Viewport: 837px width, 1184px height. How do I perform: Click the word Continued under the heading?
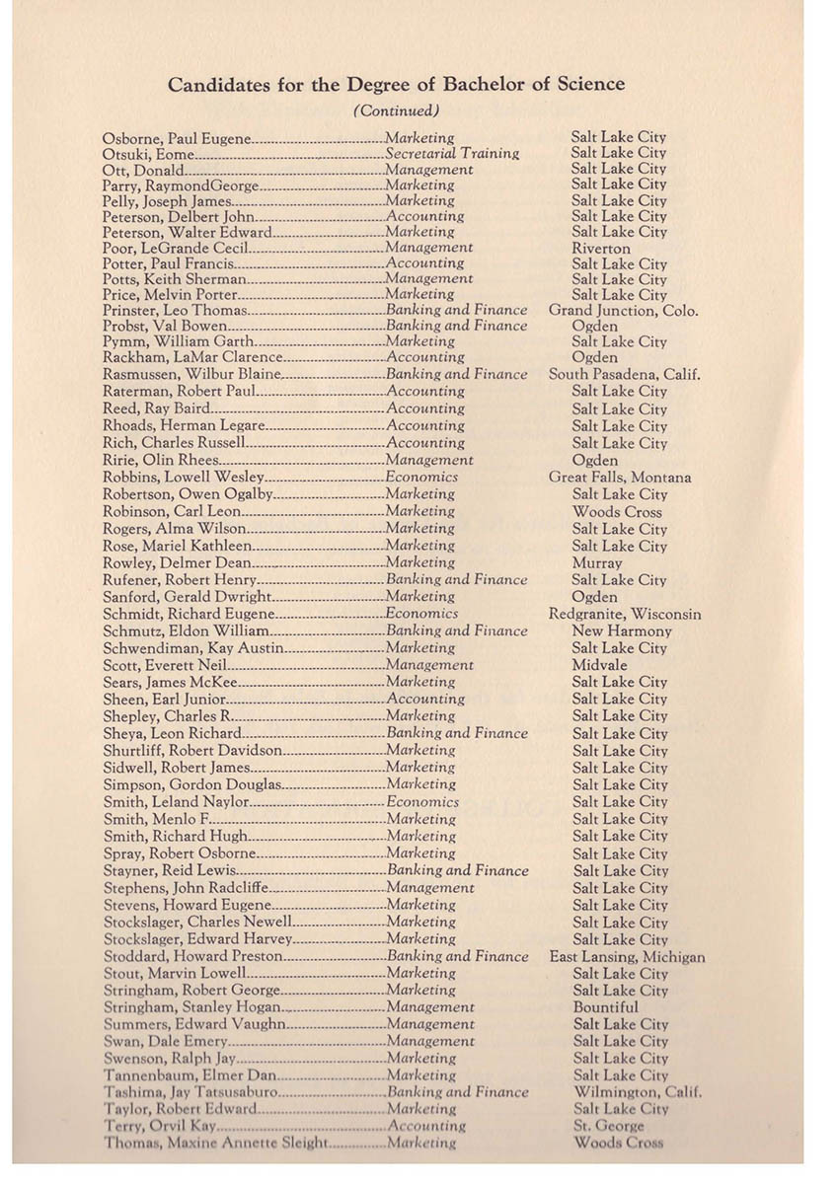[396, 111]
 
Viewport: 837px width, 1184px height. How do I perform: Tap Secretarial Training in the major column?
[452, 154]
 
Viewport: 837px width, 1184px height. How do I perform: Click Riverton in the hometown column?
[600, 249]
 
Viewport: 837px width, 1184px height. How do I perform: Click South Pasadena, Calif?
[624, 375]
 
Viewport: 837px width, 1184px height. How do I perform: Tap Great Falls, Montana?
[620, 478]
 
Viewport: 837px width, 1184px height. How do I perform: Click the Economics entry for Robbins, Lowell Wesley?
[421, 478]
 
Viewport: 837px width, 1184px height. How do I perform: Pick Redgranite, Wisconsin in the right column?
[625, 614]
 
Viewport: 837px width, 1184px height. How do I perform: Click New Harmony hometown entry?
[622, 631]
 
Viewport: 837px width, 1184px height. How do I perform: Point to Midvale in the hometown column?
[599, 665]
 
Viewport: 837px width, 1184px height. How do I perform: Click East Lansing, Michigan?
[627, 957]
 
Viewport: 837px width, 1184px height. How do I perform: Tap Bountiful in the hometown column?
[605, 1007]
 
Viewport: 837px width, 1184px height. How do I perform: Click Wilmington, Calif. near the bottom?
[638, 1092]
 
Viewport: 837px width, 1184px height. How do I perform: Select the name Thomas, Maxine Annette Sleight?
[214, 1144]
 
